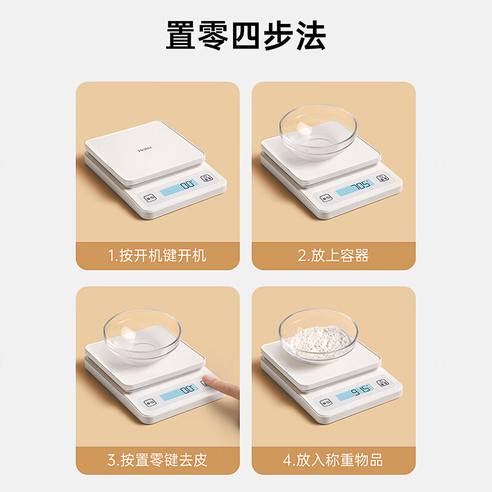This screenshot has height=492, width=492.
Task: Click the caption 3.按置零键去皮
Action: point(157,459)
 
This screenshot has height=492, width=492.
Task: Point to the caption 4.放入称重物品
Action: point(333,459)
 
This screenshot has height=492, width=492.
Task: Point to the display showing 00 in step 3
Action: point(178,392)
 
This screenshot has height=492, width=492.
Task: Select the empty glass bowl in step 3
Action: point(142,335)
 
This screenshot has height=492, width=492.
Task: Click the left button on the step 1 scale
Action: point(149,199)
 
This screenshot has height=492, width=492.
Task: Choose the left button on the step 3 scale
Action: point(149,403)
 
